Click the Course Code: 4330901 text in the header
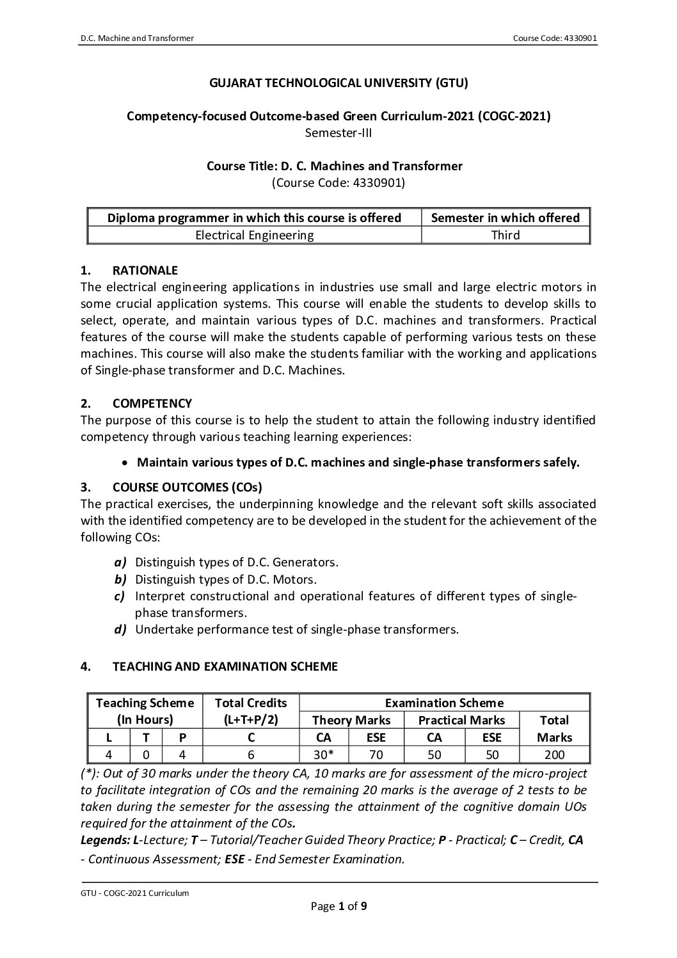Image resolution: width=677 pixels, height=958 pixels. (x=555, y=38)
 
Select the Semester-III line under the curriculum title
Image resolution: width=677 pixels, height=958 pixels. (x=338, y=133)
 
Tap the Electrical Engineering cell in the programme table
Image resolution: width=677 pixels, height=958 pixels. (x=254, y=235)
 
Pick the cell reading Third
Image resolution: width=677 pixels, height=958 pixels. (x=506, y=235)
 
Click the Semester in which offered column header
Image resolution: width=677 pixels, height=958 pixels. (x=506, y=218)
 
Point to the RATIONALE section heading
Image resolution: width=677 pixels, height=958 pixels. (x=145, y=270)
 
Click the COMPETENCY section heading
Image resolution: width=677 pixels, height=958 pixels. (x=152, y=403)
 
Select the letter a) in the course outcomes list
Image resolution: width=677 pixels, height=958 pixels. (x=120, y=563)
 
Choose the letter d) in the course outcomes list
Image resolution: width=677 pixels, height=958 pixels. (x=120, y=629)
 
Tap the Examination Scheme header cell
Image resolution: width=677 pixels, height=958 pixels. (x=443, y=703)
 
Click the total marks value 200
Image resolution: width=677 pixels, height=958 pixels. (x=554, y=754)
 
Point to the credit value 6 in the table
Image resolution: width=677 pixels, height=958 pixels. (x=251, y=754)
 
